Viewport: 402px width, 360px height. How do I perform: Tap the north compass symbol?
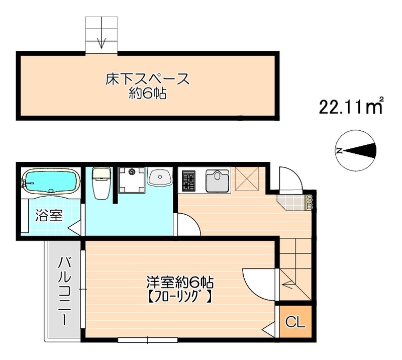click(355, 150)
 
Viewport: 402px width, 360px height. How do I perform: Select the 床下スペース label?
click(147, 79)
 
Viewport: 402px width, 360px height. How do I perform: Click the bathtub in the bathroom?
click(51, 182)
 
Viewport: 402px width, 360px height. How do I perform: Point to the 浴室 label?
click(49, 216)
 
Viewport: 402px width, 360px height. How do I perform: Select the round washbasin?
click(160, 177)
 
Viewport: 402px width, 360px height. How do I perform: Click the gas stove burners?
click(189, 181)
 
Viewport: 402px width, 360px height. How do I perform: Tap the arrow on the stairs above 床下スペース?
click(102, 40)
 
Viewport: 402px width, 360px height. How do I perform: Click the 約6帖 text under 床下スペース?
click(147, 94)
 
